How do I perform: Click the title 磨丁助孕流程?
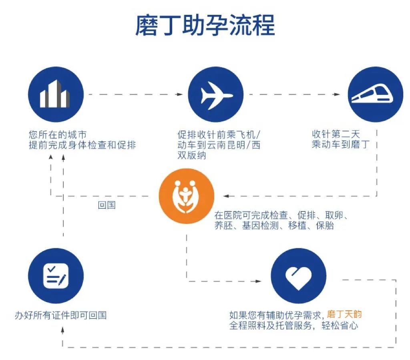tap(205, 25)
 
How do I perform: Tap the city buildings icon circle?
tap(56, 95)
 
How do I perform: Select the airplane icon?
tap(216, 95)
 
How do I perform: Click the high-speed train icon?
tap(372, 95)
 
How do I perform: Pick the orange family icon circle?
tap(187, 196)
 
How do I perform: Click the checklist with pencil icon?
tap(56, 276)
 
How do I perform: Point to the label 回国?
tap(107, 205)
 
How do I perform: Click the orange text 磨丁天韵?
tap(344, 314)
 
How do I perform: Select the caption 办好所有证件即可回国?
tap(61, 315)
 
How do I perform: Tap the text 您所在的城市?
tap(58, 135)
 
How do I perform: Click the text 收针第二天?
tap(336, 134)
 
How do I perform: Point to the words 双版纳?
tap(192, 155)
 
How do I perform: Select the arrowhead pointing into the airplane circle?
tap(180, 95)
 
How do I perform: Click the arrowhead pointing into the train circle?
tap(337, 95)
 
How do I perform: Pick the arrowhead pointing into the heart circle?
tap(258, 281)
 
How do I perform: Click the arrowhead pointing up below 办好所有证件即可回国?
tap(62, 330)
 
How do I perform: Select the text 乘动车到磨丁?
tap(341, 144)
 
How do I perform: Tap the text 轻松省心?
tap(340, 326)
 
